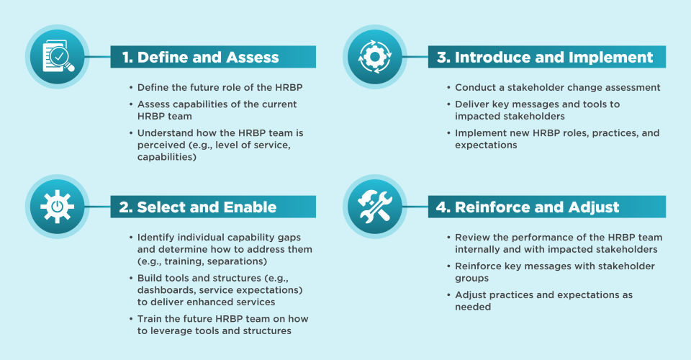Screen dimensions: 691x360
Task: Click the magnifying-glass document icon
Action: [58, 56]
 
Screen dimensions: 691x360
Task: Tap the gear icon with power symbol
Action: [58, 206]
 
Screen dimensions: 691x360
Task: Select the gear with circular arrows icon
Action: [375, 56]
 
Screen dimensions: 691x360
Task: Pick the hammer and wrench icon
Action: [375, 206]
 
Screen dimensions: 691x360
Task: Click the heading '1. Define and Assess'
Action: [201, 58]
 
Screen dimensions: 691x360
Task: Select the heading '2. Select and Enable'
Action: [198, 207]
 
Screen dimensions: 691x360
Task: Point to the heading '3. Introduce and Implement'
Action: [545, 58]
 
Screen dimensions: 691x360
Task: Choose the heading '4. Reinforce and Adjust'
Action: [528, 207]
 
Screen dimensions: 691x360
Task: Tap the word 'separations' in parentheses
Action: [237, 262]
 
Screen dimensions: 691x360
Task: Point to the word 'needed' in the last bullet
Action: [473, 307]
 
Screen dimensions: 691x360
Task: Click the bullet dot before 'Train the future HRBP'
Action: [131, 319]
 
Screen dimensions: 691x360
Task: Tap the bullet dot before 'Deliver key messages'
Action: [448, 104]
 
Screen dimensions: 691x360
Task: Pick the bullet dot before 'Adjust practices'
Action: [448, 295]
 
